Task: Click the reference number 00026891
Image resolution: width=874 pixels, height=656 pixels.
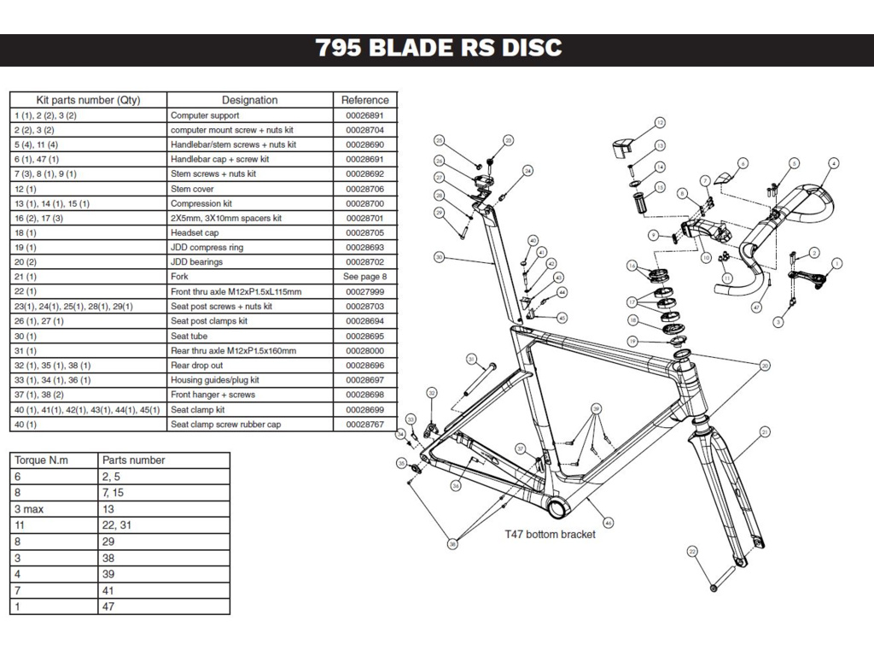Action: pos(364,115)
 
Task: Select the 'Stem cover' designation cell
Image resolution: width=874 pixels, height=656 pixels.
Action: pos(192,189)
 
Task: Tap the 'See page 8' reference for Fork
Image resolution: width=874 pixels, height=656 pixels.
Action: pos(364,277)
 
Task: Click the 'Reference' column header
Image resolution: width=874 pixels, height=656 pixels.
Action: pos(364,100)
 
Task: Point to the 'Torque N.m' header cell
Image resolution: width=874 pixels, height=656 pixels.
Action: pos(41,460)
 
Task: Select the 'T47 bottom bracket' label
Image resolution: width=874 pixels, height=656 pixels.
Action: pos(549,535)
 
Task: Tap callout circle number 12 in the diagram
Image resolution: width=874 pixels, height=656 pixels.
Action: pos(660,123)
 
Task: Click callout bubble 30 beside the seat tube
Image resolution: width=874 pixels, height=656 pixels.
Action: pos(439,256)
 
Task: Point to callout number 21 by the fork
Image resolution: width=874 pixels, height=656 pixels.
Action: pos(765,433)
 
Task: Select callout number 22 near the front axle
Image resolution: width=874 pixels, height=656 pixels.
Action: pos(692,551)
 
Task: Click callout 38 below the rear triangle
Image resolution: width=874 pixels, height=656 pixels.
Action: pos(452,542)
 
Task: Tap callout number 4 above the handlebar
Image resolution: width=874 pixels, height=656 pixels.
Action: pos(833,162)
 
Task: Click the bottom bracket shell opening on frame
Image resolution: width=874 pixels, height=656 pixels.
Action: pos(557,509)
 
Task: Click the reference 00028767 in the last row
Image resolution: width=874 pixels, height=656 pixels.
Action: pos(364,425)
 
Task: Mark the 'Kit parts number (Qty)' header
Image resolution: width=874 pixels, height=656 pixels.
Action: pos(88,100)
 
